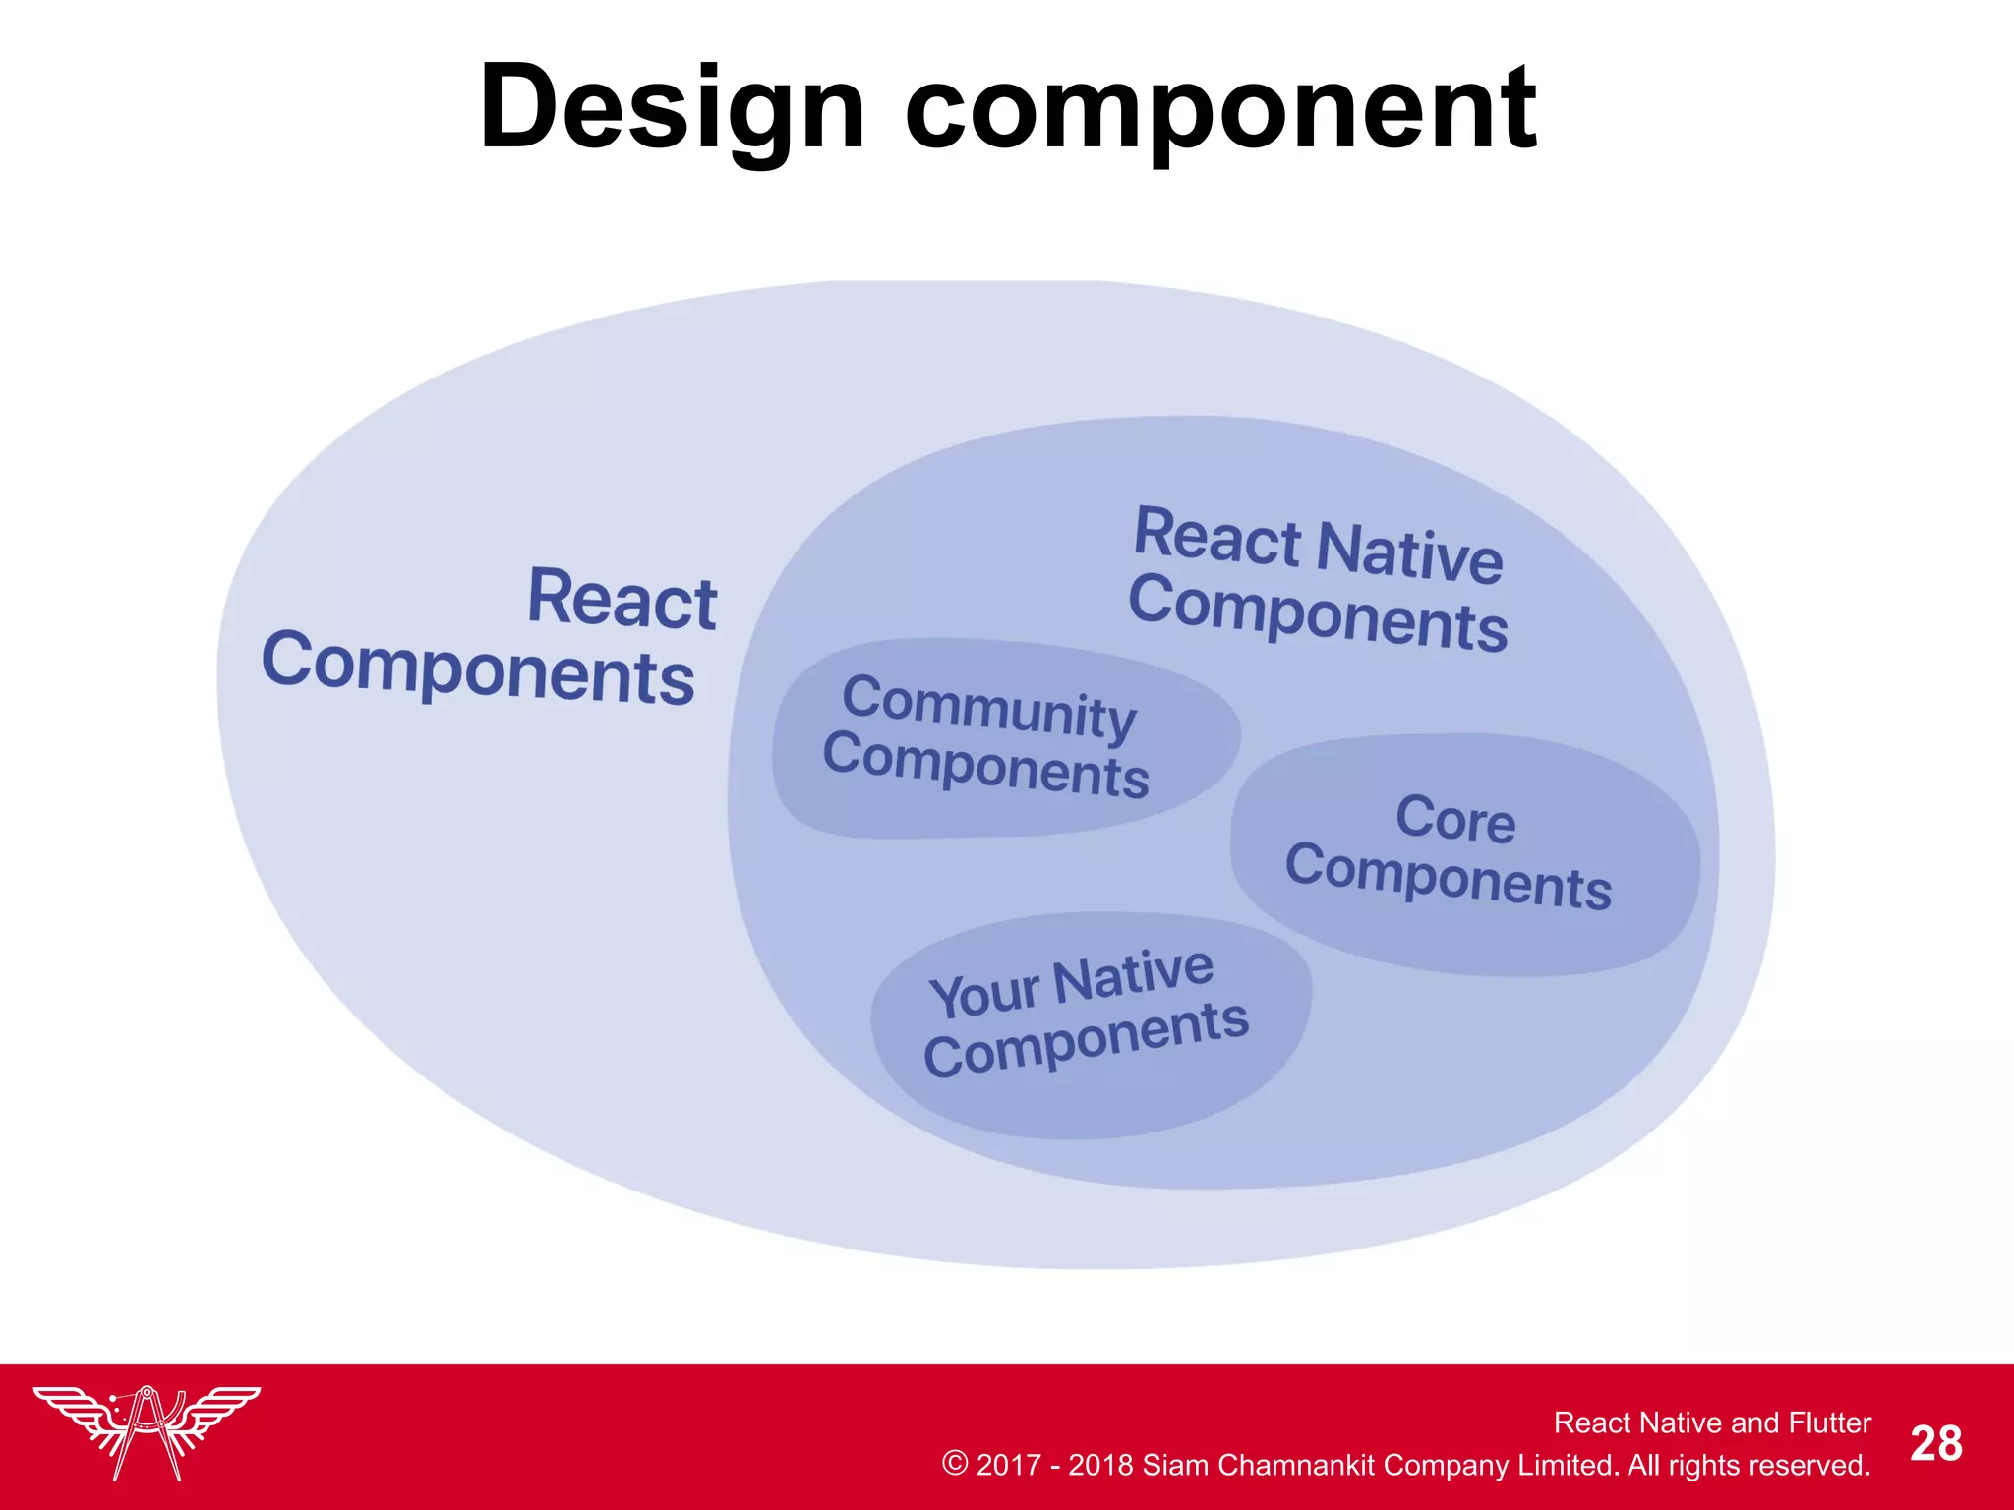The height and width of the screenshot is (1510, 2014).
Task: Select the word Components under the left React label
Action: (478, 669)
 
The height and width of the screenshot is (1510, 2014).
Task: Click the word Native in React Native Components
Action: (1410, 552)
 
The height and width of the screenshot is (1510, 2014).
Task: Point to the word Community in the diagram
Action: (989, 706)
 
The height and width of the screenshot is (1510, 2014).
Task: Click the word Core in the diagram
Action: (1455, 818)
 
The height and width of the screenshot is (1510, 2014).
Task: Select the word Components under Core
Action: (1448, 877)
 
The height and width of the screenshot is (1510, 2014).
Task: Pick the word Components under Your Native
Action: (1086, 1040)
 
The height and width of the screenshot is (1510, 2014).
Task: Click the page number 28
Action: (1935, 1444)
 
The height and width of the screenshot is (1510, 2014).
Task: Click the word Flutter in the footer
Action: (1829, 1423)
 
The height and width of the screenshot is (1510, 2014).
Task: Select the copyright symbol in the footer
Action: (954, 1464)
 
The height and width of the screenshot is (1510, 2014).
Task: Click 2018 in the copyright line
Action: (1100, 1465)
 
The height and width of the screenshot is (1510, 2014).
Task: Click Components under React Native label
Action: (1318, 613)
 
